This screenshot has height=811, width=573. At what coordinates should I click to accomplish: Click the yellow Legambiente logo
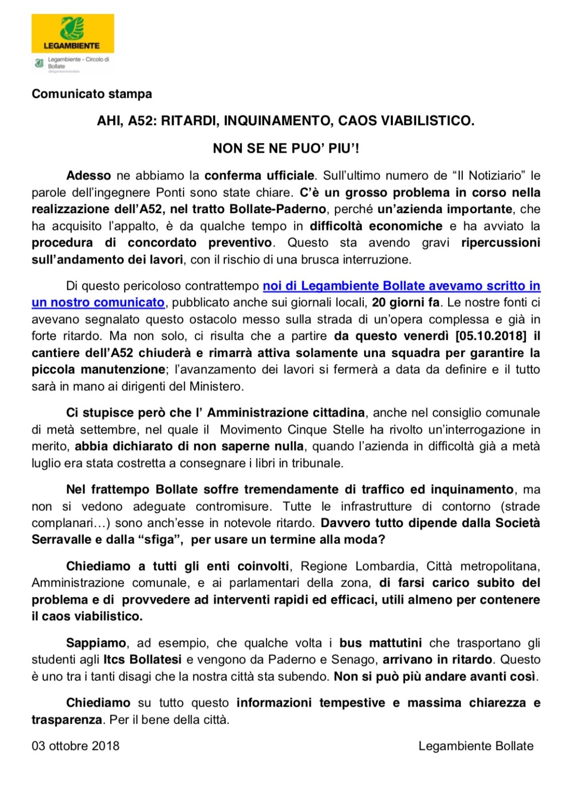pyautogui.click(x=72, y=33)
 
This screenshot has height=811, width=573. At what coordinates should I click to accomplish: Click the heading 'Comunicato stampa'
pyautogui.click(x=92, y=94)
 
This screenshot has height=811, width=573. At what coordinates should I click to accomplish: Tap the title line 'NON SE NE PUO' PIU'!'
pyautogui.click(x=286, y=148)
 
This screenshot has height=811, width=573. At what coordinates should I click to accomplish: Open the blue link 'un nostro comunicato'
pyautogui.click(x=98, y=303)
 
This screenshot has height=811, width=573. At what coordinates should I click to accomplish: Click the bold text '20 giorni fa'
pyautogui.click(x=406, y=303)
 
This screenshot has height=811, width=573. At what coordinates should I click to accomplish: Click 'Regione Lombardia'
pyautogui.click(x=358, y=566)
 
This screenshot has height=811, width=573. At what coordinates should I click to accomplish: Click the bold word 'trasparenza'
pyautogui.click(x=66, y=720)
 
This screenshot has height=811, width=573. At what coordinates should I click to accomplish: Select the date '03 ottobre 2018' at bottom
pyautogui.click(x=75, y=746)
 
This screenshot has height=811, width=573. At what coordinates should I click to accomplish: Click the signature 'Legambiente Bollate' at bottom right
pyautogui.click(x=475, y=746)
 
